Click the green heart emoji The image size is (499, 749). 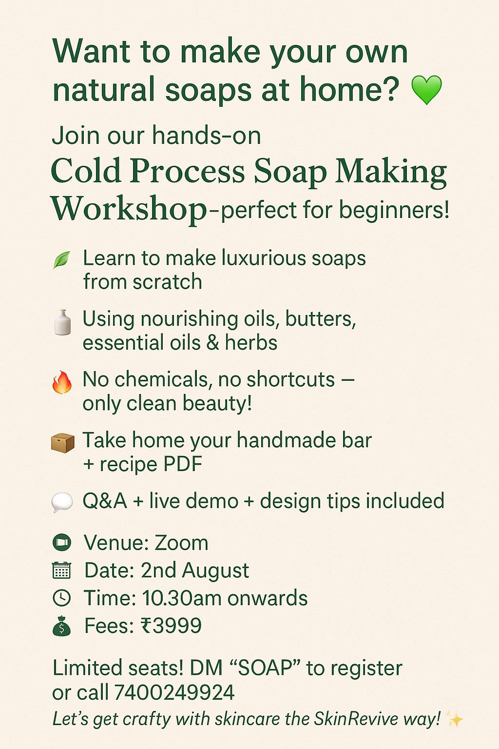tap(426, 90)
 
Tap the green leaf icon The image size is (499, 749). tap(61, 259)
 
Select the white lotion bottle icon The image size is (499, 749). tap(62, 322)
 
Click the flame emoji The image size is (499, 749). tap(62, 382)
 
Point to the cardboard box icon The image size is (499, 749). tap(62, 443)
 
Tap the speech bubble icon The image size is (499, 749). tap(62, 502)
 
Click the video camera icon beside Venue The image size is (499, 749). tap(61, 542)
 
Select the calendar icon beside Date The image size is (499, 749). tap(61, 570)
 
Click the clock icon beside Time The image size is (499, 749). tap(61, 598)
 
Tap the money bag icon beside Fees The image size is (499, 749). tap(61, 626)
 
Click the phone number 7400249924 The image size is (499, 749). tap(174, 692)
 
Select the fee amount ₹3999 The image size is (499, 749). tap(171, 626)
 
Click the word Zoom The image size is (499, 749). tap(181, 543)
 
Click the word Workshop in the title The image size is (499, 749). tap(129, 209)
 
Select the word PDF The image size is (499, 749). tap(183, 464)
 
